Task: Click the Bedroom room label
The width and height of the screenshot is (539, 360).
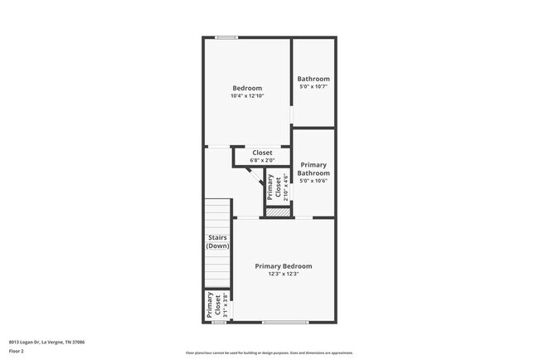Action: [x=247, y=89]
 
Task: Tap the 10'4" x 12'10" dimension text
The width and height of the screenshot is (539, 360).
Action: [x=247, y=96]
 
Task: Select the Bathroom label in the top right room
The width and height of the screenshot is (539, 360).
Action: [x=313, y=79]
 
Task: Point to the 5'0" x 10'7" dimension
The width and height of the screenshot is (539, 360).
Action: [x=313, y=86]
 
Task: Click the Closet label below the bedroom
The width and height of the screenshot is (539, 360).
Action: [x=262, y=153]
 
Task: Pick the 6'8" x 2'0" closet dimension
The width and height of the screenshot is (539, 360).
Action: [x=262, y=160]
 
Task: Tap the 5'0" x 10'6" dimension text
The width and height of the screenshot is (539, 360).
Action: [x=313, y=181]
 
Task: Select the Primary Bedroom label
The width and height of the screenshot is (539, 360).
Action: [x=284, y=266]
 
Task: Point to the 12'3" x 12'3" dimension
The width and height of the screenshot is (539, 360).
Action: [x=284, y=274]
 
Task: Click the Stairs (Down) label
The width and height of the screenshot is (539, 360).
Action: [x=218, y=241]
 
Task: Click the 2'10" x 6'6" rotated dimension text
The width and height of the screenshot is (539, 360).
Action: [x=286, y=187]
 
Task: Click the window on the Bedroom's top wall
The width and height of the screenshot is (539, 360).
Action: [x=226, y=36]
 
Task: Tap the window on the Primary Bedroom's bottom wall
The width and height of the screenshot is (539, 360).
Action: [x=285, y=322]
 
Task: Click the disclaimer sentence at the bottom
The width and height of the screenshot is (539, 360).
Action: [x=269, y=353]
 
